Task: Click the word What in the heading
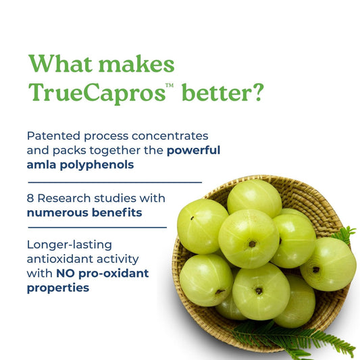point(60,65)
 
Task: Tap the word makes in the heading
point(137,65)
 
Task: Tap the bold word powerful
point(193,150)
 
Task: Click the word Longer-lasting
point(70,244)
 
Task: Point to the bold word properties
point(58,288)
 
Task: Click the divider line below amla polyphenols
point(115,182)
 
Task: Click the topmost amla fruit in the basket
point(254,198)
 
